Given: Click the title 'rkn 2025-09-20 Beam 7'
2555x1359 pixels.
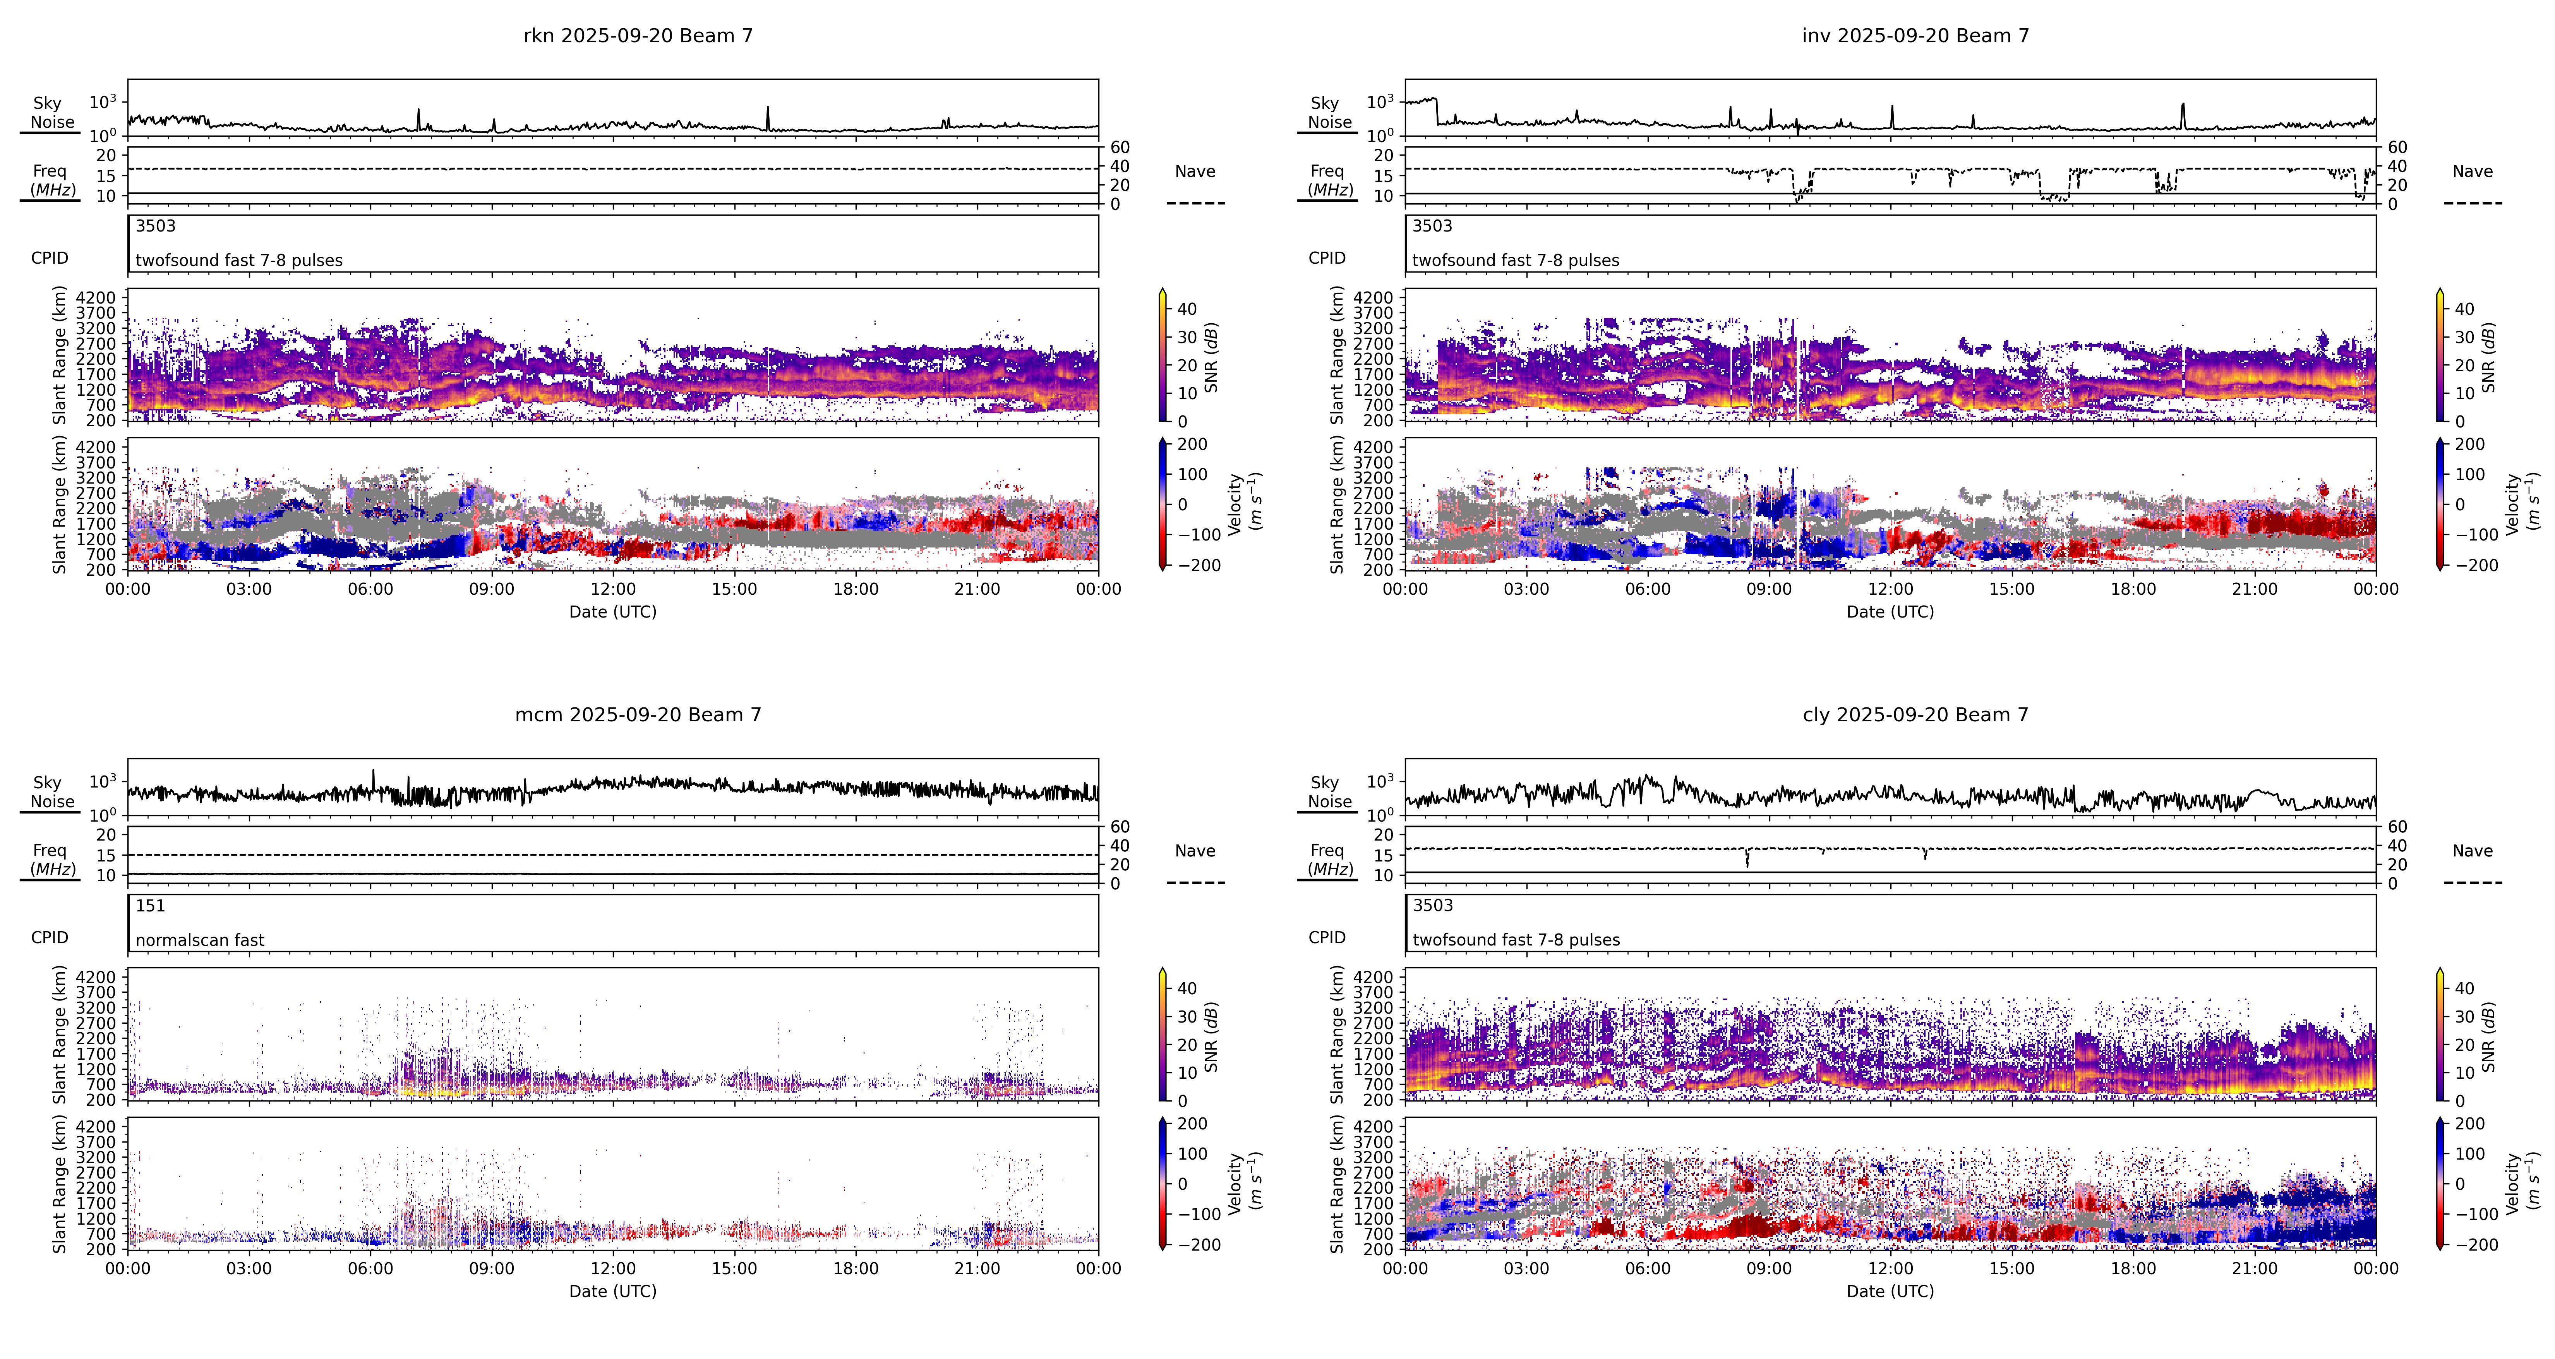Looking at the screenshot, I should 638,36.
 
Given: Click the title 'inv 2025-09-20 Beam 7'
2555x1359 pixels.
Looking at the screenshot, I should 1915,36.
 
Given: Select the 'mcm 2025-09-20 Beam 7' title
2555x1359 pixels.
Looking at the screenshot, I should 638,714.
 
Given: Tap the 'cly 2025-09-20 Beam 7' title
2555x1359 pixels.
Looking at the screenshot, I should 1915,714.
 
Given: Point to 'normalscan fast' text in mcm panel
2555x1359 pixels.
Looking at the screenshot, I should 199,939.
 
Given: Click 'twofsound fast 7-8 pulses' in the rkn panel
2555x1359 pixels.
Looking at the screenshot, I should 239,260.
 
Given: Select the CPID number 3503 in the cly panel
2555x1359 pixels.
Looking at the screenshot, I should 1432,906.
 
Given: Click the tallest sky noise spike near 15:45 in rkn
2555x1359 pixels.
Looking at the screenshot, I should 768,109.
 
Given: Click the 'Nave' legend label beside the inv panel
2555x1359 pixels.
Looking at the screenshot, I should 2472,172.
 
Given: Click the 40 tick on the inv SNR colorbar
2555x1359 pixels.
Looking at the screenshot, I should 2465,309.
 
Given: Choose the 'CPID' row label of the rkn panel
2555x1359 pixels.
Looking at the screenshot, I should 50,258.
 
